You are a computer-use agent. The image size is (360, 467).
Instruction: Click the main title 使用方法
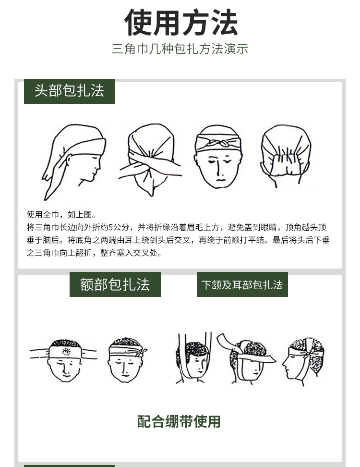(181, 22)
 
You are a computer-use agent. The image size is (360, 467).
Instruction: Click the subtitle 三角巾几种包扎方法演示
(180, 49)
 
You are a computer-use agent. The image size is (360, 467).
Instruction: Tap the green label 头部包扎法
(69, 91)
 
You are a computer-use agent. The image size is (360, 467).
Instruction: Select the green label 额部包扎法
(115, 284)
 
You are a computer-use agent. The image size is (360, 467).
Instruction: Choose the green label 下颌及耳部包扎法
(242, 284)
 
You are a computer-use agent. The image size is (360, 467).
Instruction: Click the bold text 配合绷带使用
(179, 421)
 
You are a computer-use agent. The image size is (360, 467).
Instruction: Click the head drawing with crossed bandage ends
(150, 160)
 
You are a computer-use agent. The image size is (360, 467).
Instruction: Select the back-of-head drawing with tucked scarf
(286, 156)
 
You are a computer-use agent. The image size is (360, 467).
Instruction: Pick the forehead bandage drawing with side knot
(127, 360)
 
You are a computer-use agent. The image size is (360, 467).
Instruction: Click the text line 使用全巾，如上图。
(61, 214)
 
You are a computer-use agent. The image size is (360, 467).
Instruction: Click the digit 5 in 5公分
(110, 227)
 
